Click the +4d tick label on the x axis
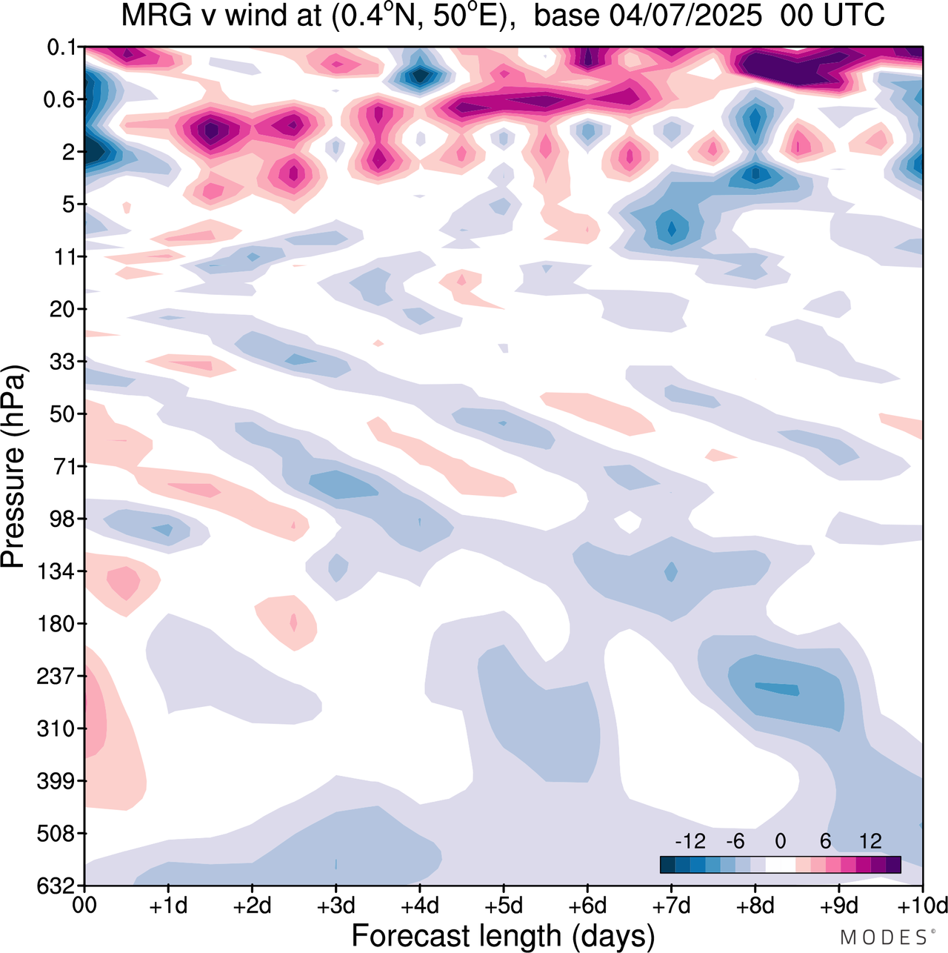tap(420, 906)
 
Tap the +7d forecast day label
tap(672, 906)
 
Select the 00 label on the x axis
tap(84, 906)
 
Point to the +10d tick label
tap(921, 906)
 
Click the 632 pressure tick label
tap(56, 886)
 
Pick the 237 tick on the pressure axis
tap(56, 676)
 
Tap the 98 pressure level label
tap(62, 519)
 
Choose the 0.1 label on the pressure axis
tap(62, 47)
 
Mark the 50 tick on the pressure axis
tap(62, 414)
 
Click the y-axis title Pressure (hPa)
tap(14, 467)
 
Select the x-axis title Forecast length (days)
tap(503, 936)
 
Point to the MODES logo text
tap(884, 937)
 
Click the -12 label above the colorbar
tap(690, 841)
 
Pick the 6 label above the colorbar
tap(825, 841)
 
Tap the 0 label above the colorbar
tap(780, 841)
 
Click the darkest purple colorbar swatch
tap(893, 865)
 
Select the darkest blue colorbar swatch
tap(667, 865)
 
